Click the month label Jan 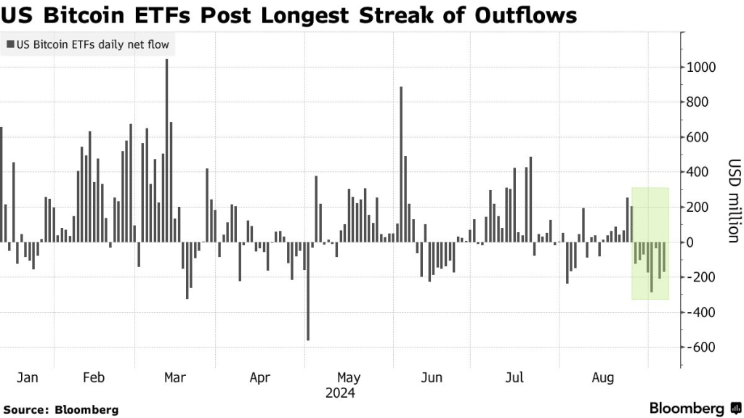coord(27,378)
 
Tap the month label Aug coord(602,378)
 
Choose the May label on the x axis coord(349,378)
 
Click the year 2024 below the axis coord(340,393)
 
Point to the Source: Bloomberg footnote coord(61,409)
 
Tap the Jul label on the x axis coord(514,378)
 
